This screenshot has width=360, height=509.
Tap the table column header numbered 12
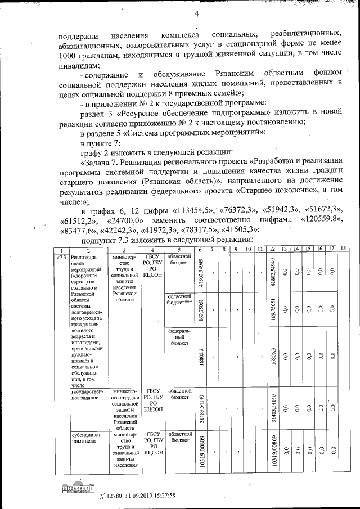pos(272,249)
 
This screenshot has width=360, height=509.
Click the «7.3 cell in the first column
pos(61,257)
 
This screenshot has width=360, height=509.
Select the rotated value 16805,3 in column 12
pos(272,357)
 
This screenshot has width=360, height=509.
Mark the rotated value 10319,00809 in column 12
pos(272,452)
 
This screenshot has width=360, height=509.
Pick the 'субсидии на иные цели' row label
pos(85,438)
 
